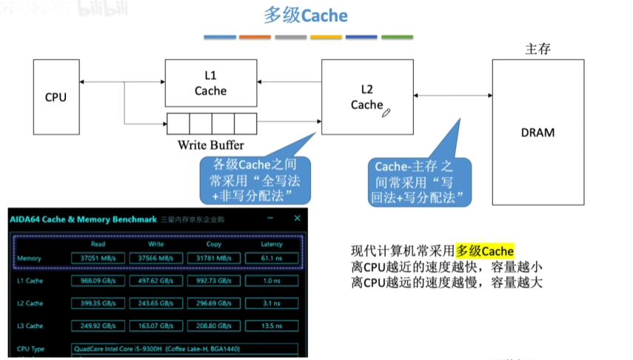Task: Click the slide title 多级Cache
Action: click(306, 16)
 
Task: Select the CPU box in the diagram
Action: click(56, 96)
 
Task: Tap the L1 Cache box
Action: click(210, 83)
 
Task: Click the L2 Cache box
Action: click(366, 97)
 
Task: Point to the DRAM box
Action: click(537, 133)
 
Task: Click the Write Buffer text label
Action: click(211, 144)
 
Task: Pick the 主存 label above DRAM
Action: click(538, 50)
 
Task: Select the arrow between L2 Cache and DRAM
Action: click(452, 95)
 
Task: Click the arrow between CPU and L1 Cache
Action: click(121, 81)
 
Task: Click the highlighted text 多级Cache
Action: click(484, 251)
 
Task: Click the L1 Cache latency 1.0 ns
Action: click(272, 281)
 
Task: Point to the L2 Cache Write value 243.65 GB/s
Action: click(156, 303)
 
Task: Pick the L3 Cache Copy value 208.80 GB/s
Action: click(214, 326)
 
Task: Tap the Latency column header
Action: click(272, 244)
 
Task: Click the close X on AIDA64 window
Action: click(297, 219)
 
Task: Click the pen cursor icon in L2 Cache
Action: click(386, 112)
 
